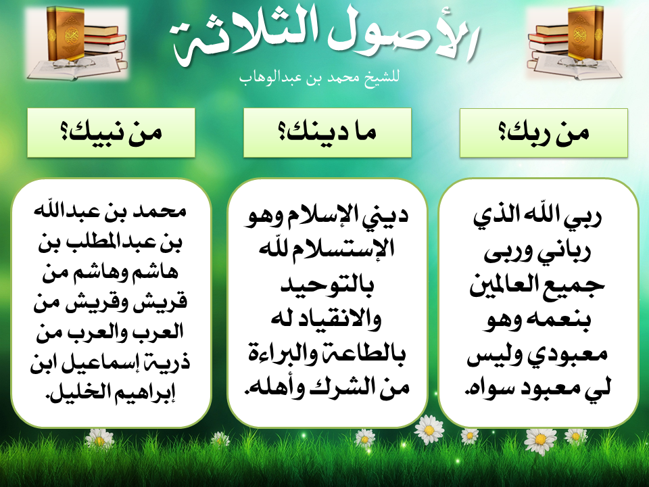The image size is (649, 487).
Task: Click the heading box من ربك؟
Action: (544, 133)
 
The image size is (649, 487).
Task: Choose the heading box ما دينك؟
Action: (327, 133)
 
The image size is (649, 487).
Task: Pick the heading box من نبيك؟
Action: (111, 133)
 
